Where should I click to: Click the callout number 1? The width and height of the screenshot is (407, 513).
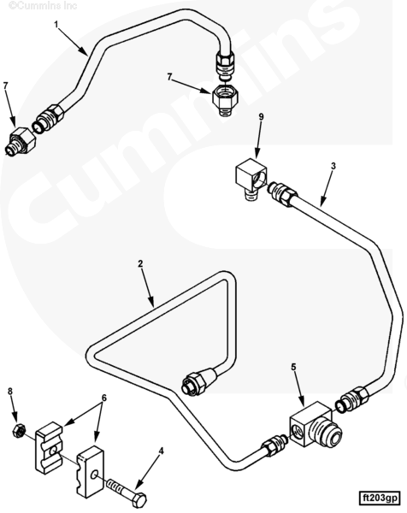point(56,25)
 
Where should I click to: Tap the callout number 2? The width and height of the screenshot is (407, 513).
point(140,263)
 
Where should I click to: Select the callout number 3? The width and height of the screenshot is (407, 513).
point(333,166)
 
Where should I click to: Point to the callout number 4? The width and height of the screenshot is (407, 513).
point(161,451)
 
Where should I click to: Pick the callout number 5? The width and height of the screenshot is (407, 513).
point(293,367)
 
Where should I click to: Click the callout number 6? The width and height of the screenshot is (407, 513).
point(104,398)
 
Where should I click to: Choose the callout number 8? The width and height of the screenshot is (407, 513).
point(10,391)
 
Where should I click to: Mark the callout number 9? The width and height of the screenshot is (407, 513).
point(261,117)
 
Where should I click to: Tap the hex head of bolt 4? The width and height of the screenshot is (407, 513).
point(140,499)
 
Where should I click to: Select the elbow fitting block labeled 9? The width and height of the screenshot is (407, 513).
point(251,179)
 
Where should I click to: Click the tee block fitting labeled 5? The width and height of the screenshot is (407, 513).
point(315,425)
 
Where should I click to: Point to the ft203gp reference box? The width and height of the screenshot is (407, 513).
point(379,498)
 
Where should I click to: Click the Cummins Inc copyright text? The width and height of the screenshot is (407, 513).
point(43,5)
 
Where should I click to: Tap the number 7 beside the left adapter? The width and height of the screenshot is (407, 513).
point(5,85)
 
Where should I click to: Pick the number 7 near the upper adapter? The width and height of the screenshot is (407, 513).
point(169,77)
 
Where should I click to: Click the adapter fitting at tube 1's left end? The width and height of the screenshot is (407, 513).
point(21,141)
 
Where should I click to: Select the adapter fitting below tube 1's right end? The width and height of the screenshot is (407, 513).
point(225,99)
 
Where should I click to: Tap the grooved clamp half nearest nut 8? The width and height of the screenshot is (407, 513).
point(49,447)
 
